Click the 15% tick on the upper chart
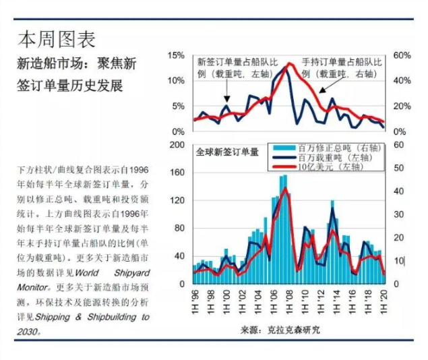click(176, 55)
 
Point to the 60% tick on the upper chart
click(403, 55)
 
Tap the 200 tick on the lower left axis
click(177, 145)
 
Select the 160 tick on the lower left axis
click(177, 173)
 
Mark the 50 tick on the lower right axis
click(398, 169)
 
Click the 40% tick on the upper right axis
click(403, 81)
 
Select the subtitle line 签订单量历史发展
click(70, 88)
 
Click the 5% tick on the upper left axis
click(178, 107)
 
